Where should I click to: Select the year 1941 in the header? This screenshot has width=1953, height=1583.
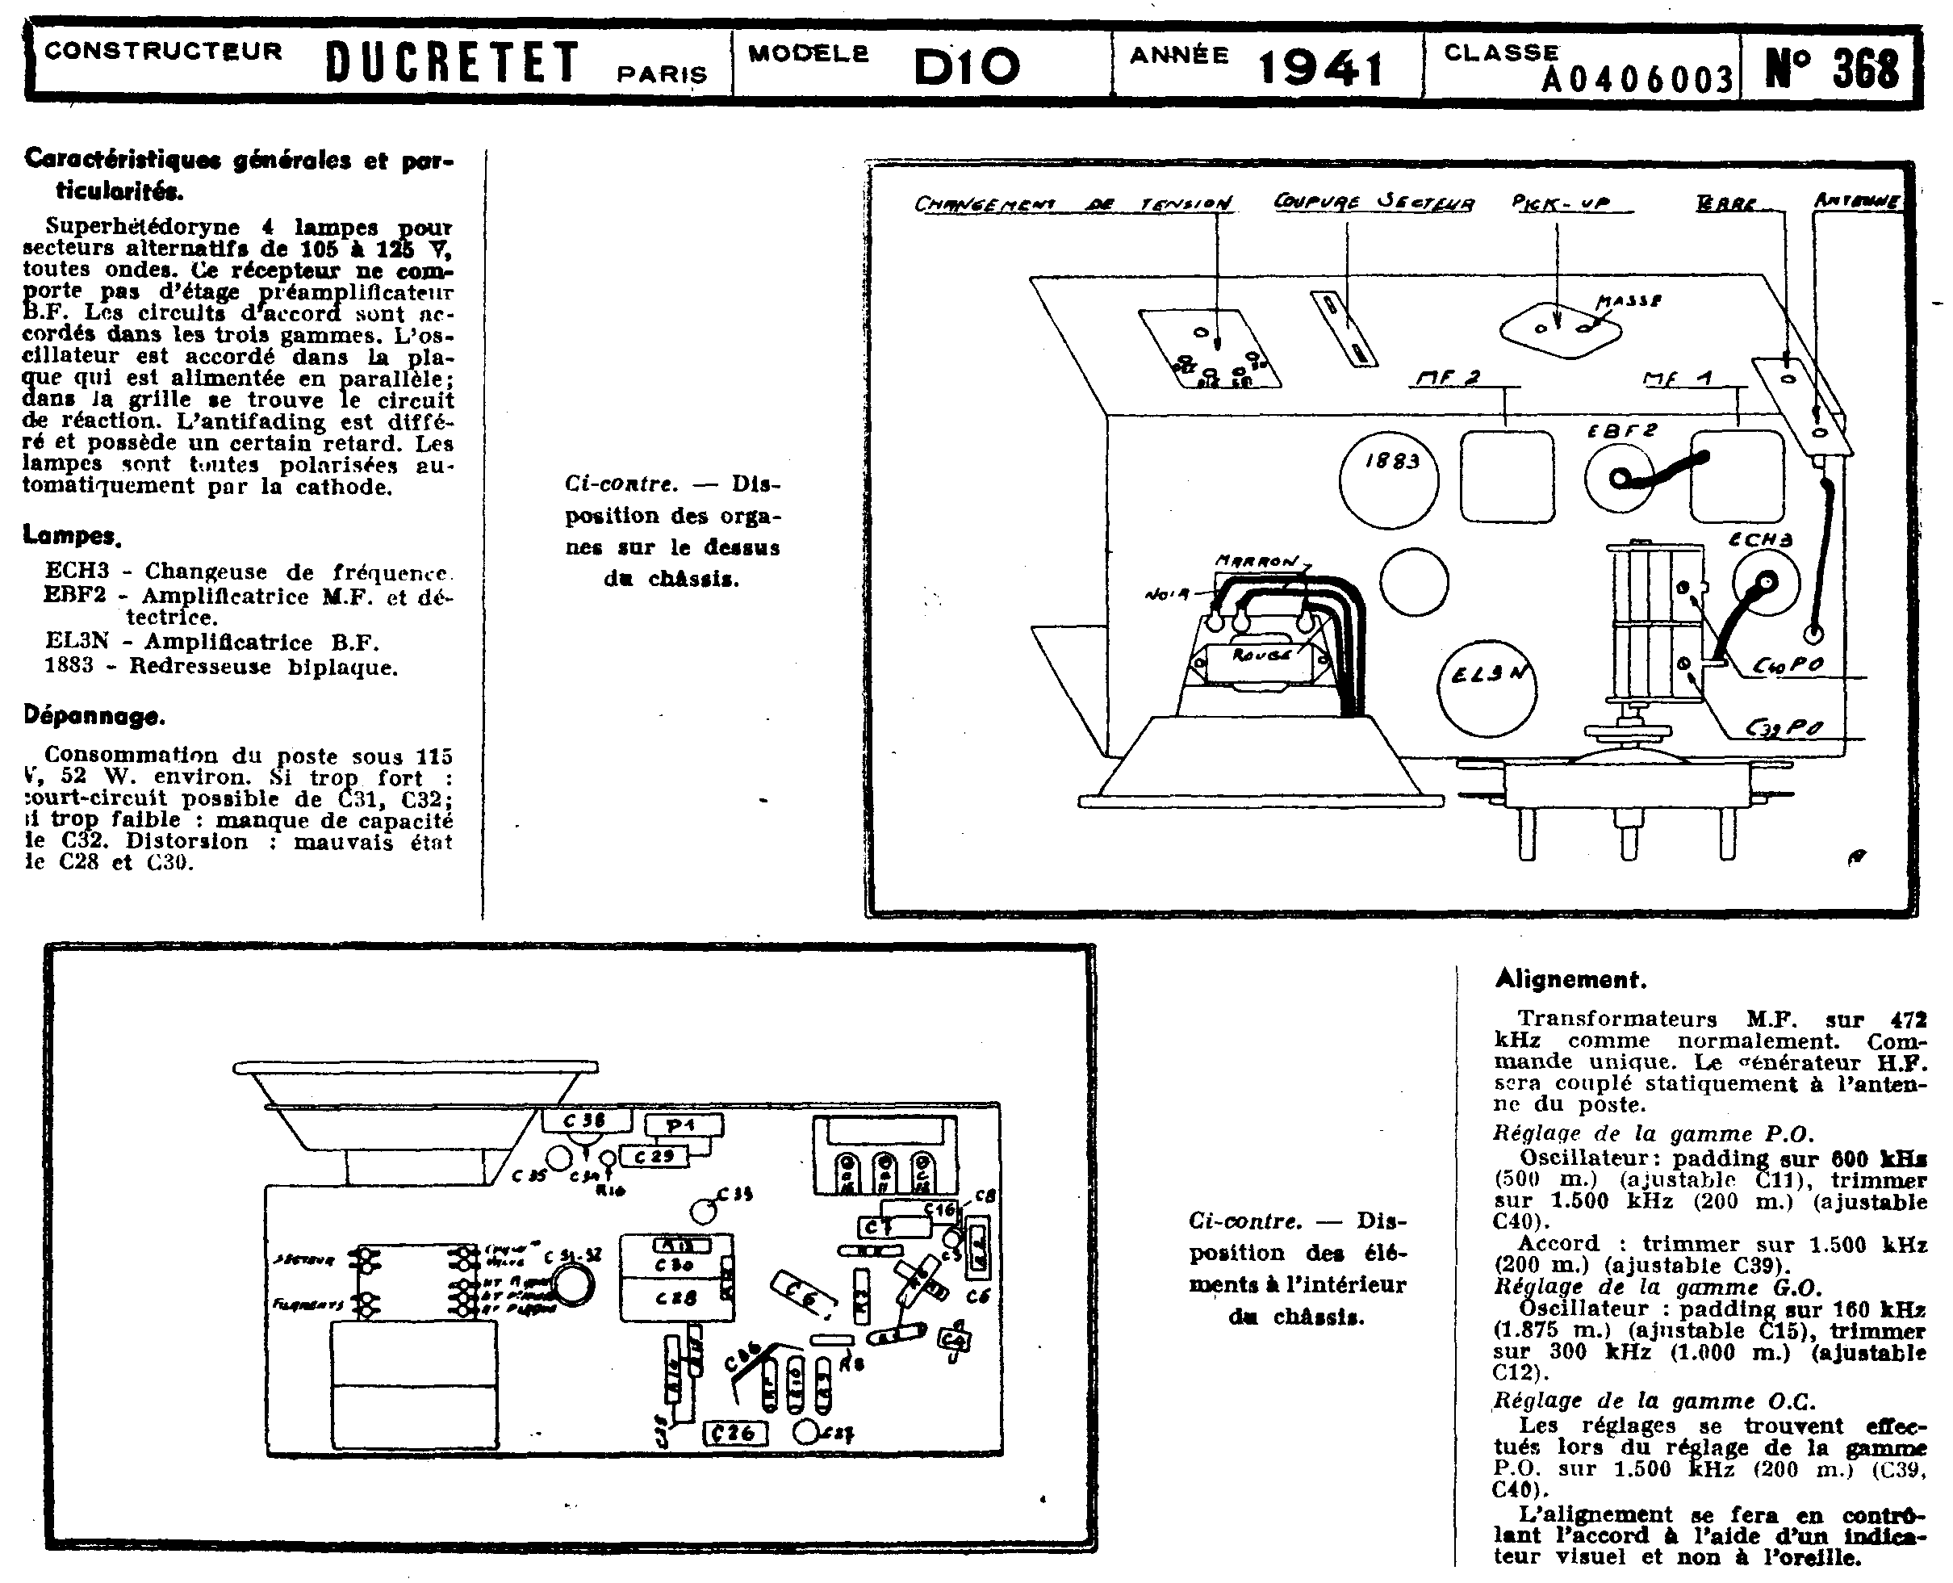tap(1320, 66)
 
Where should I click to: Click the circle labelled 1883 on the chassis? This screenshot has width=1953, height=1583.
tap(1389, 480)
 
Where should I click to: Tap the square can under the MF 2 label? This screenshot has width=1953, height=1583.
tap(1506, 476)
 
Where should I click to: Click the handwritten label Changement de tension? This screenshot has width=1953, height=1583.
tap(1073, 203)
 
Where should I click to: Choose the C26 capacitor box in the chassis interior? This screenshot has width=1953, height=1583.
tap(734, 1433)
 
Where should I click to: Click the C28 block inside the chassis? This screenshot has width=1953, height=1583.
tap(676, 1296)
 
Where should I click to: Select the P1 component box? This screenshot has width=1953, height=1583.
tap(683, 1126)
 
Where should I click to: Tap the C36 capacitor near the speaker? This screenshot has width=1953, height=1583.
tap(586, 1120)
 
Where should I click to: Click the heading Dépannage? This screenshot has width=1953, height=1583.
tap(94, 716)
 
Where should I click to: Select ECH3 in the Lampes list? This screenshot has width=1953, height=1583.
tap(77, 572)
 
